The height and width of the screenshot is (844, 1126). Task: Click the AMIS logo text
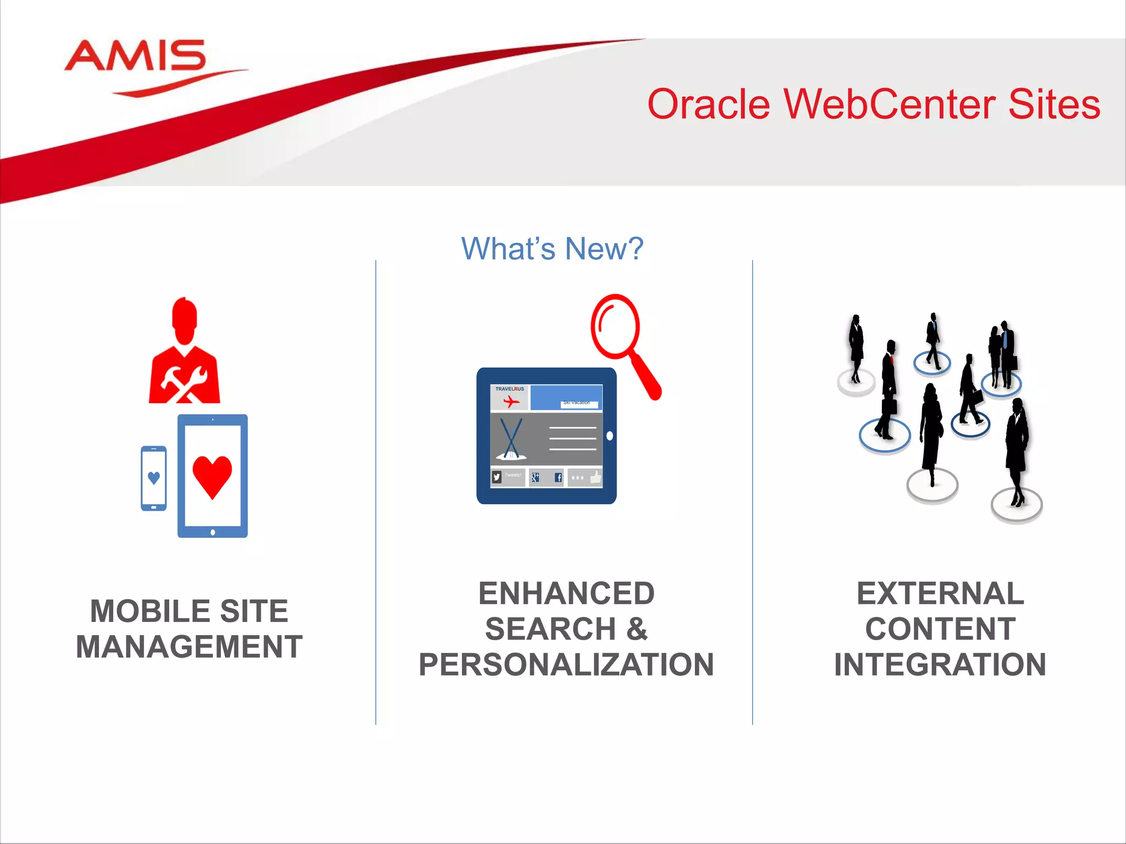(x=135, y=56)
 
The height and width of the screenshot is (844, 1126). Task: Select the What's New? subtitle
(x=552, y=249)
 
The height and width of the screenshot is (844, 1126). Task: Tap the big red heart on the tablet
(x=212, y=476)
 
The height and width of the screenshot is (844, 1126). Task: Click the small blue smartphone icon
(x=154, y=478)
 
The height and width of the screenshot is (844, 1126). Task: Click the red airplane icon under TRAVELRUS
(x=511, y=402)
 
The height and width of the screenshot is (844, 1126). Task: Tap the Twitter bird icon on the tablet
(x=497, y=477)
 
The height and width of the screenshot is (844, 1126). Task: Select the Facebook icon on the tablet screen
(x=558, y=477)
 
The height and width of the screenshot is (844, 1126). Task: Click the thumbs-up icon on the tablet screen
(x=595, y=477)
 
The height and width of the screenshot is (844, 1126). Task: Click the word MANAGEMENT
(x=189, y=647)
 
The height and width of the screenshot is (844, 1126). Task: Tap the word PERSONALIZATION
(x=566, y=665)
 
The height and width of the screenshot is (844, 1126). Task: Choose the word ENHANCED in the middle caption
(x=566, y=594)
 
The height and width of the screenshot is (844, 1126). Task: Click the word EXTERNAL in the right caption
(x=940, y=594)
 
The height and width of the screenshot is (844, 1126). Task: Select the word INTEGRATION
(x=940, y=665)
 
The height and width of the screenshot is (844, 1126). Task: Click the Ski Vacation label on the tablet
(x=577, y=403)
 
